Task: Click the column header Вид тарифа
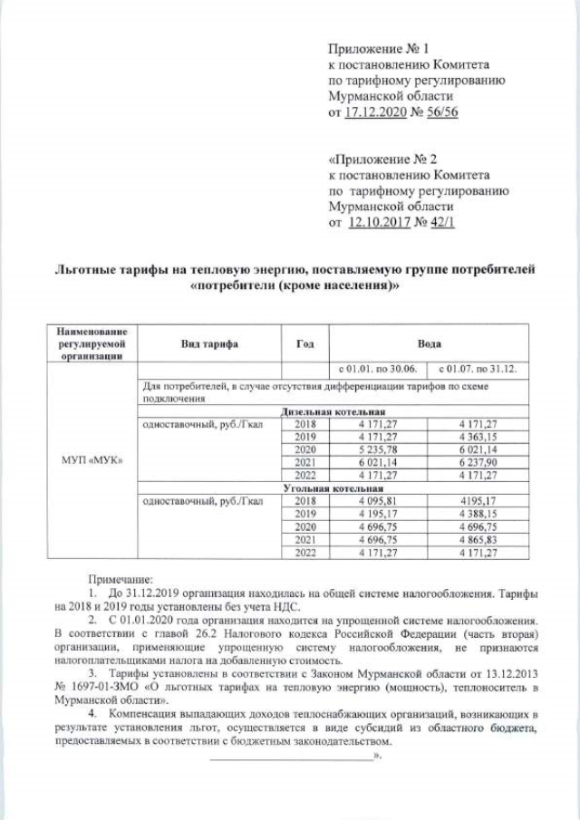[208, 345]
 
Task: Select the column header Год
[304, 345]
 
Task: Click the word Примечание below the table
[121, 577]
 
